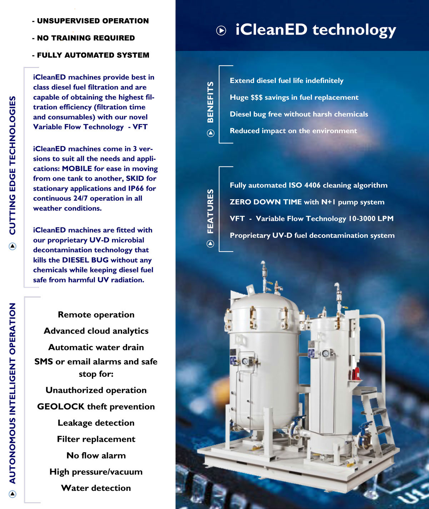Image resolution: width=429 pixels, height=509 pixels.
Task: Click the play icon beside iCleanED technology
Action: pyautogui.click(x=221, y=31)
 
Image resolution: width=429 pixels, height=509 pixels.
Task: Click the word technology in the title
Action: pyautogui.click(x=354, y=30)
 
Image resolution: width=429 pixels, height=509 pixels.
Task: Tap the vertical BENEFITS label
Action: pyautogui.click(x=210, y=102)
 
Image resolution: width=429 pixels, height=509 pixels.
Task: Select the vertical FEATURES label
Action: pyautogui.click(x=210, y=211)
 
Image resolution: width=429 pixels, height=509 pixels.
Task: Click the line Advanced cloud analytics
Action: pyautogui.click(x=96, y=331)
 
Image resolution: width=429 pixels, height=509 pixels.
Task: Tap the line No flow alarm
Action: pyautogui.click(x=96, y=455)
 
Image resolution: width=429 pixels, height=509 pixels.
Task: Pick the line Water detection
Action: pyautogui.click(x=96, y=488)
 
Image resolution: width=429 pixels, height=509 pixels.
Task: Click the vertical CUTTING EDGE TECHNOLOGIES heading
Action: pyautogui.click(x=13, y=165)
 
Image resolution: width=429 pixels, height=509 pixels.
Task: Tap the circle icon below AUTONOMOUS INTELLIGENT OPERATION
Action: pyautogui.click(x=13, y=494)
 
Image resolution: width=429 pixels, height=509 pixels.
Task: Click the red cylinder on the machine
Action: pyautogui.click(x=356, y=373)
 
